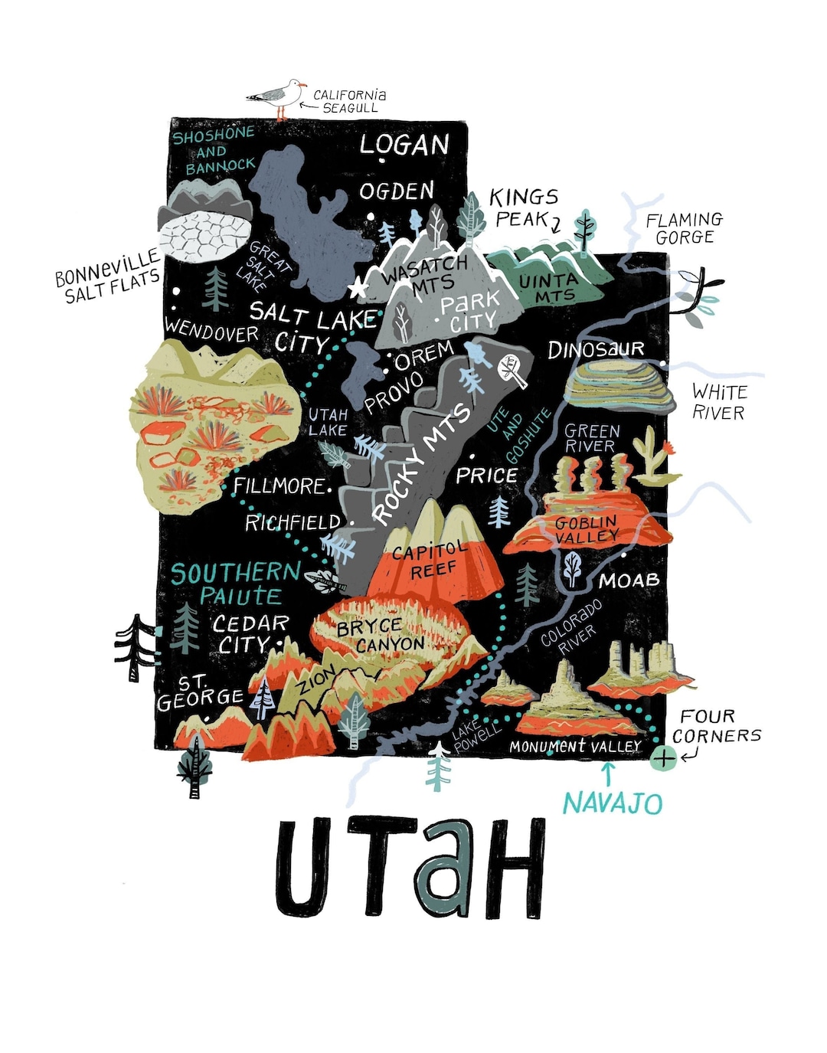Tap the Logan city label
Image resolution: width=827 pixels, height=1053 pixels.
(x=404, y=144)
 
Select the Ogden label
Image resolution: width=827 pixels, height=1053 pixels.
(x=397, y=191)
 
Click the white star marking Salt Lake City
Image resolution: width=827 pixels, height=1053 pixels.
(x=356, y=289)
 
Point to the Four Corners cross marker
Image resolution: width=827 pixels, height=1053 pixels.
(x=663, y=759)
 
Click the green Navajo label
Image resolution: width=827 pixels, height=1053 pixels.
(x=612, y=803)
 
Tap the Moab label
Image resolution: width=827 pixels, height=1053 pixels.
(x=629, y=580)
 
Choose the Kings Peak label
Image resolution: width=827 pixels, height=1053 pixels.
(x=524, y=208)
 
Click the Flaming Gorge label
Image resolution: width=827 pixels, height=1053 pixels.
(x=683, y=228)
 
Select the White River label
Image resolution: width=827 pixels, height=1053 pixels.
(x=718, y=402)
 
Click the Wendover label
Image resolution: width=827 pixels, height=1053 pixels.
(x=211, y=330)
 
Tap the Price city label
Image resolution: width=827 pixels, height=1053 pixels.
(x=486, y=476)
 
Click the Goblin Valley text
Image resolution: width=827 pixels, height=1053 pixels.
(x=587, y=528)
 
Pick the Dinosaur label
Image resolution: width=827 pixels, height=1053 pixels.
(x=596, y=350)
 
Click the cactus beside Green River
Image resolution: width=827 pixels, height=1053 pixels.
(x=653, y=458)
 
